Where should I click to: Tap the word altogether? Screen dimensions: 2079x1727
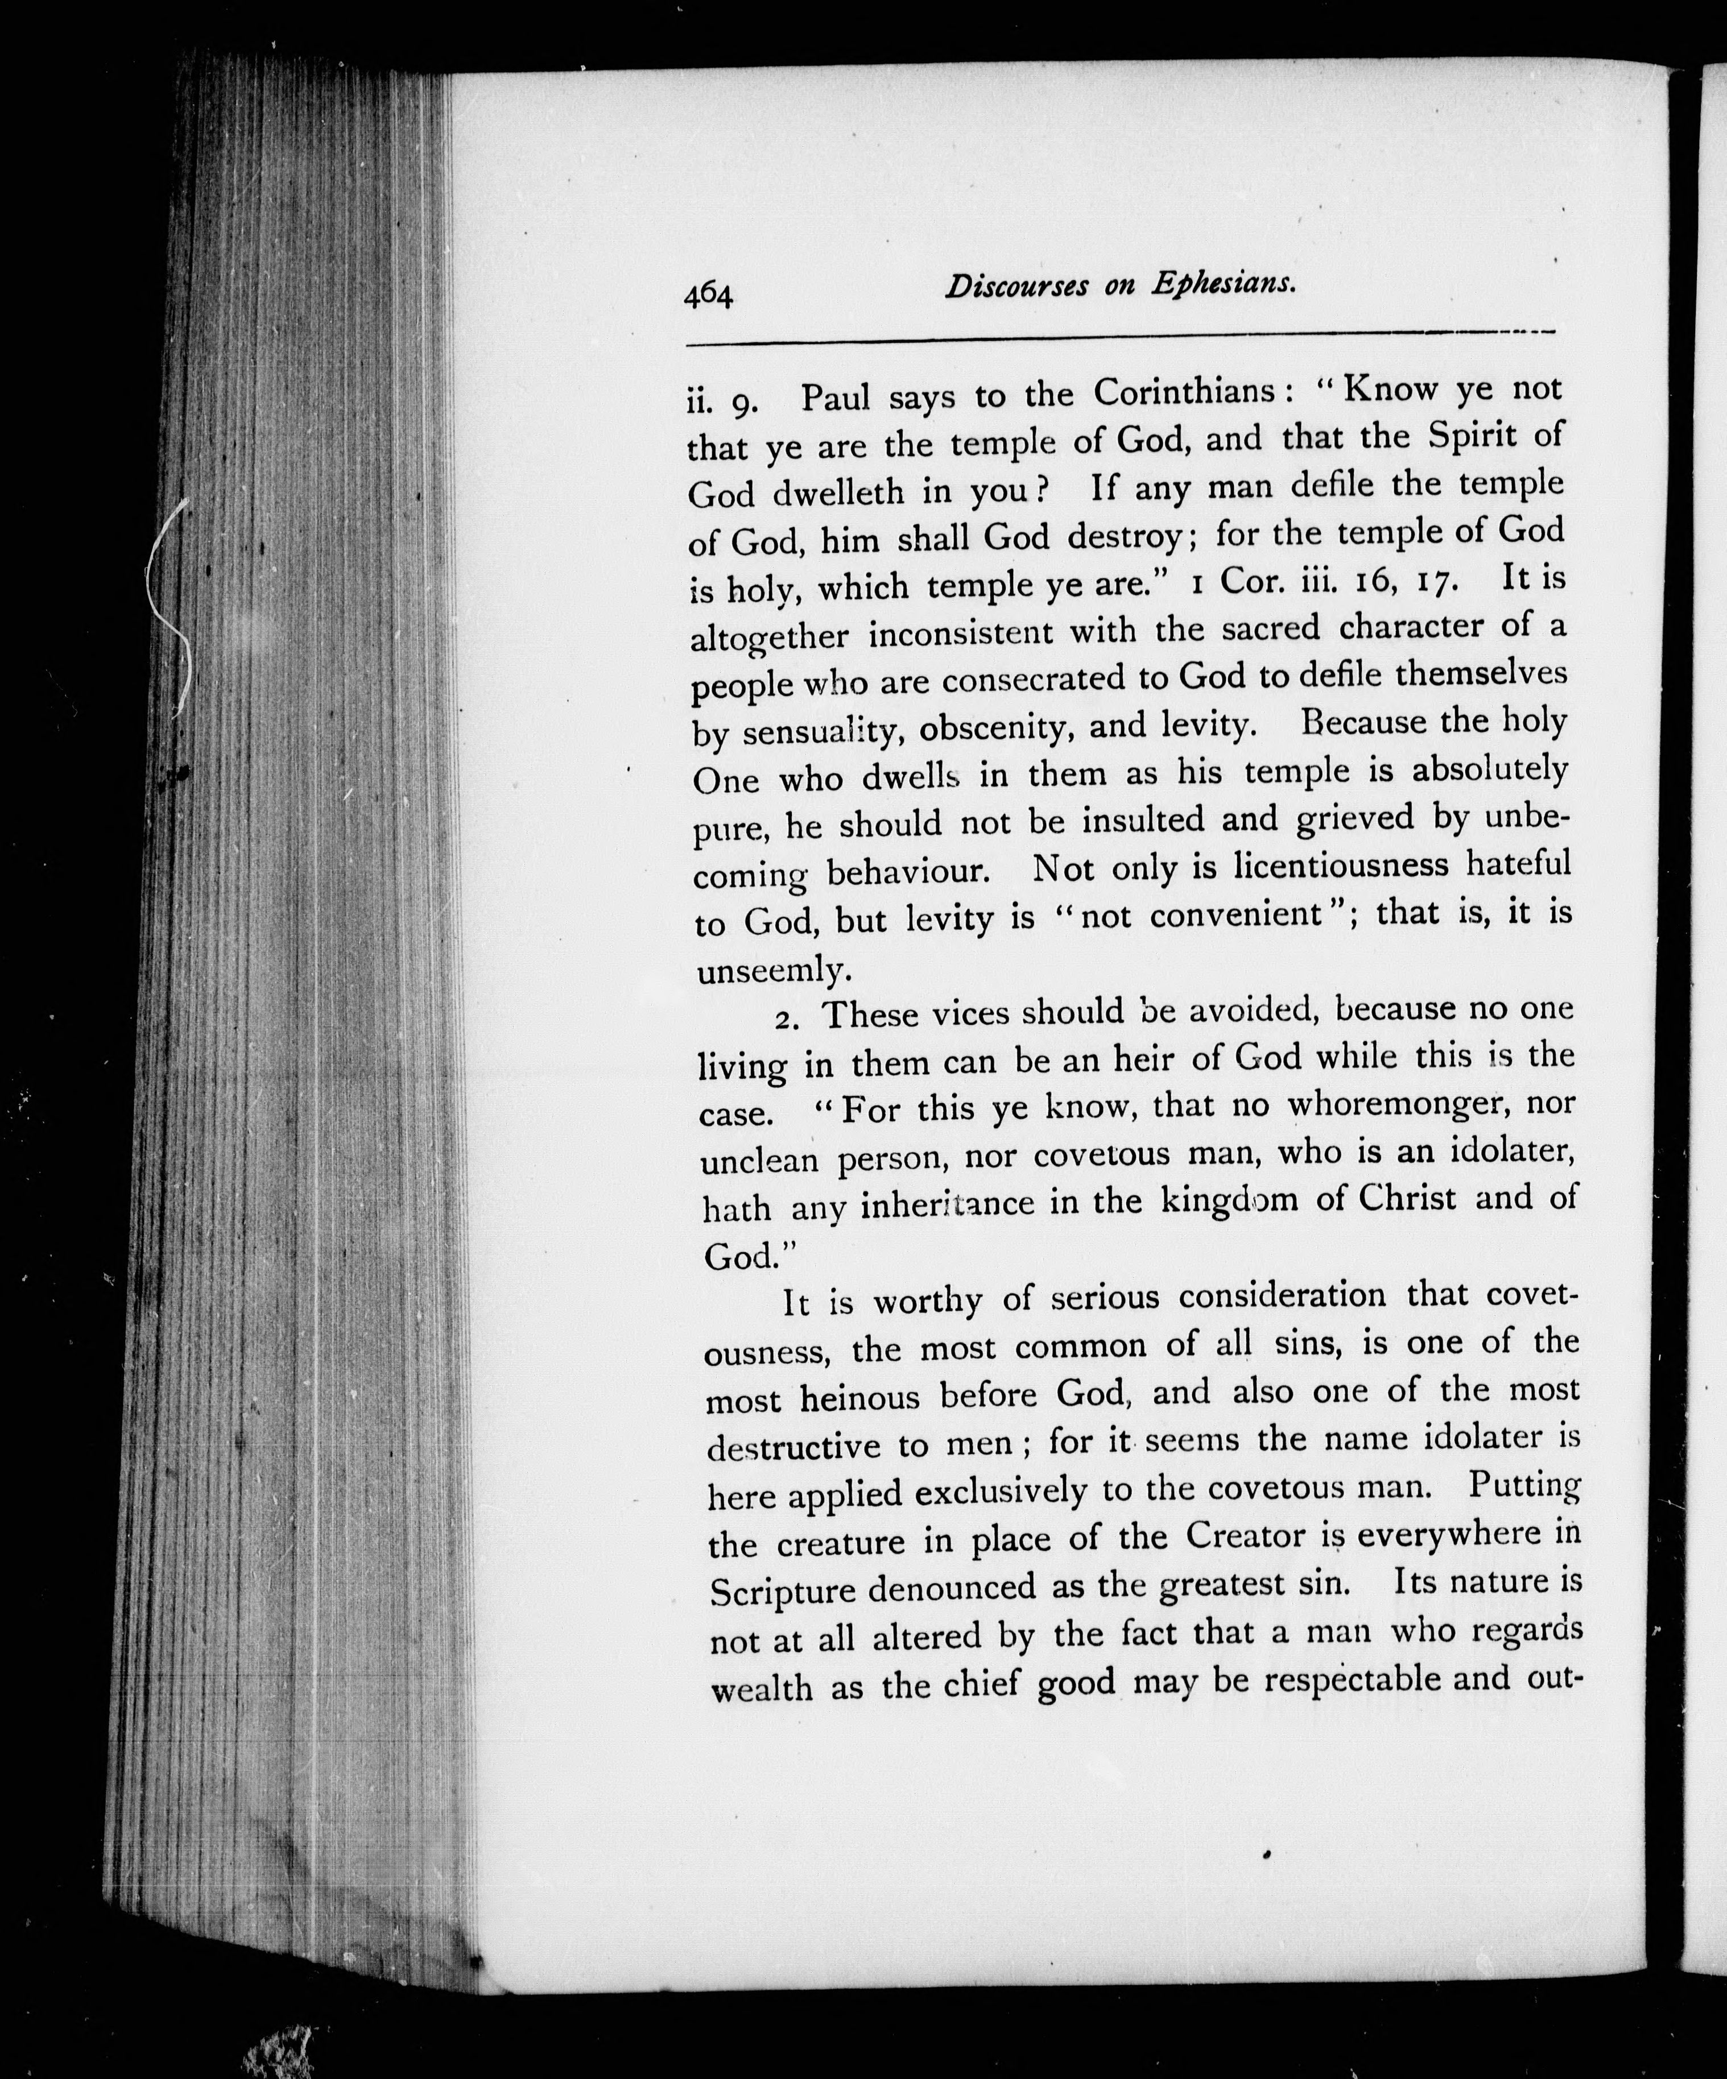770,636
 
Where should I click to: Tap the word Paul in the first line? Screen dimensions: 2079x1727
835,398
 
